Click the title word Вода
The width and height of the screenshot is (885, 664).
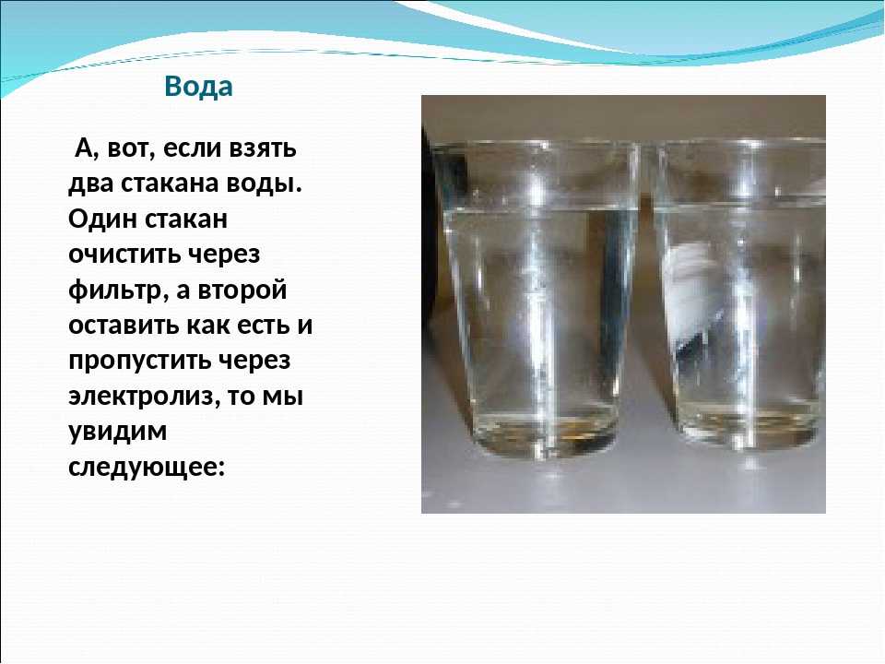click(x=199, y=87)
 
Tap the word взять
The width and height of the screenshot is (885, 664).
click(x=263, y=148)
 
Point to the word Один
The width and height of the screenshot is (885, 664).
click(x=103, y=219)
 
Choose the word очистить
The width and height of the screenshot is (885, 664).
click(x=123, y=255)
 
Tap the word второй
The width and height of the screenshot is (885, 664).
click(x=242, y=290)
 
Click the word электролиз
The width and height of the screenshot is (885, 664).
click(x=144, y=397)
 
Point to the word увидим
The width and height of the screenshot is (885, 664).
click(x=117, y=432)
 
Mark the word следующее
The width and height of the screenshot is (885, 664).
click(x=147, y=468)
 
